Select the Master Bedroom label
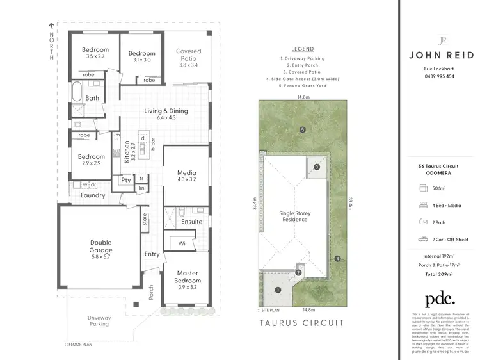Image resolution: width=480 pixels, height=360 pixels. coord(188,277)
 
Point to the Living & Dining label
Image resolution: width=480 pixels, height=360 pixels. coord(166,114)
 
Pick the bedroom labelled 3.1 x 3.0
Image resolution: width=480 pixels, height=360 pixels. coord(141,56)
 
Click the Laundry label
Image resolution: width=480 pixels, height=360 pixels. coord(93,195)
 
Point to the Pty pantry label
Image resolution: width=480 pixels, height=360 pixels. coord(125,181)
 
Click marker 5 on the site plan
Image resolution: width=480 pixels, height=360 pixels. coord(303,130)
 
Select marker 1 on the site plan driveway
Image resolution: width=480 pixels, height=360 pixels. coord(278,290)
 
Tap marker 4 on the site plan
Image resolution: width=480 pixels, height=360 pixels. coord(337,259)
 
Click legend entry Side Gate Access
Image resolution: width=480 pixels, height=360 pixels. coord(303,79)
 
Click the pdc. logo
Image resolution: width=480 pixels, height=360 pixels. coord(440,299)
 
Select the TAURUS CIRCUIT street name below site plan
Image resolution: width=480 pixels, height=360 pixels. coord(303,323)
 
